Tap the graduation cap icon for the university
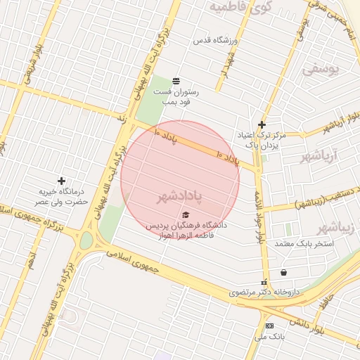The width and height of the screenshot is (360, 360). point(186,214)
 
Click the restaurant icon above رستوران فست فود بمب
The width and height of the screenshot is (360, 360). point(175,80)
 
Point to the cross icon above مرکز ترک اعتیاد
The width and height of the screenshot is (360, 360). point(262,124)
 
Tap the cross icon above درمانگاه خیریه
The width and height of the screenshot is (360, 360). point(61,181)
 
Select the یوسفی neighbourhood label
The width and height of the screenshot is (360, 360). point(321,70)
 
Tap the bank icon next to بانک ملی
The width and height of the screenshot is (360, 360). point(269,326)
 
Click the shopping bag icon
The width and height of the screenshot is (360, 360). point(283,272)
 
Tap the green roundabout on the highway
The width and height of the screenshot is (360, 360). point(86,241)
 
